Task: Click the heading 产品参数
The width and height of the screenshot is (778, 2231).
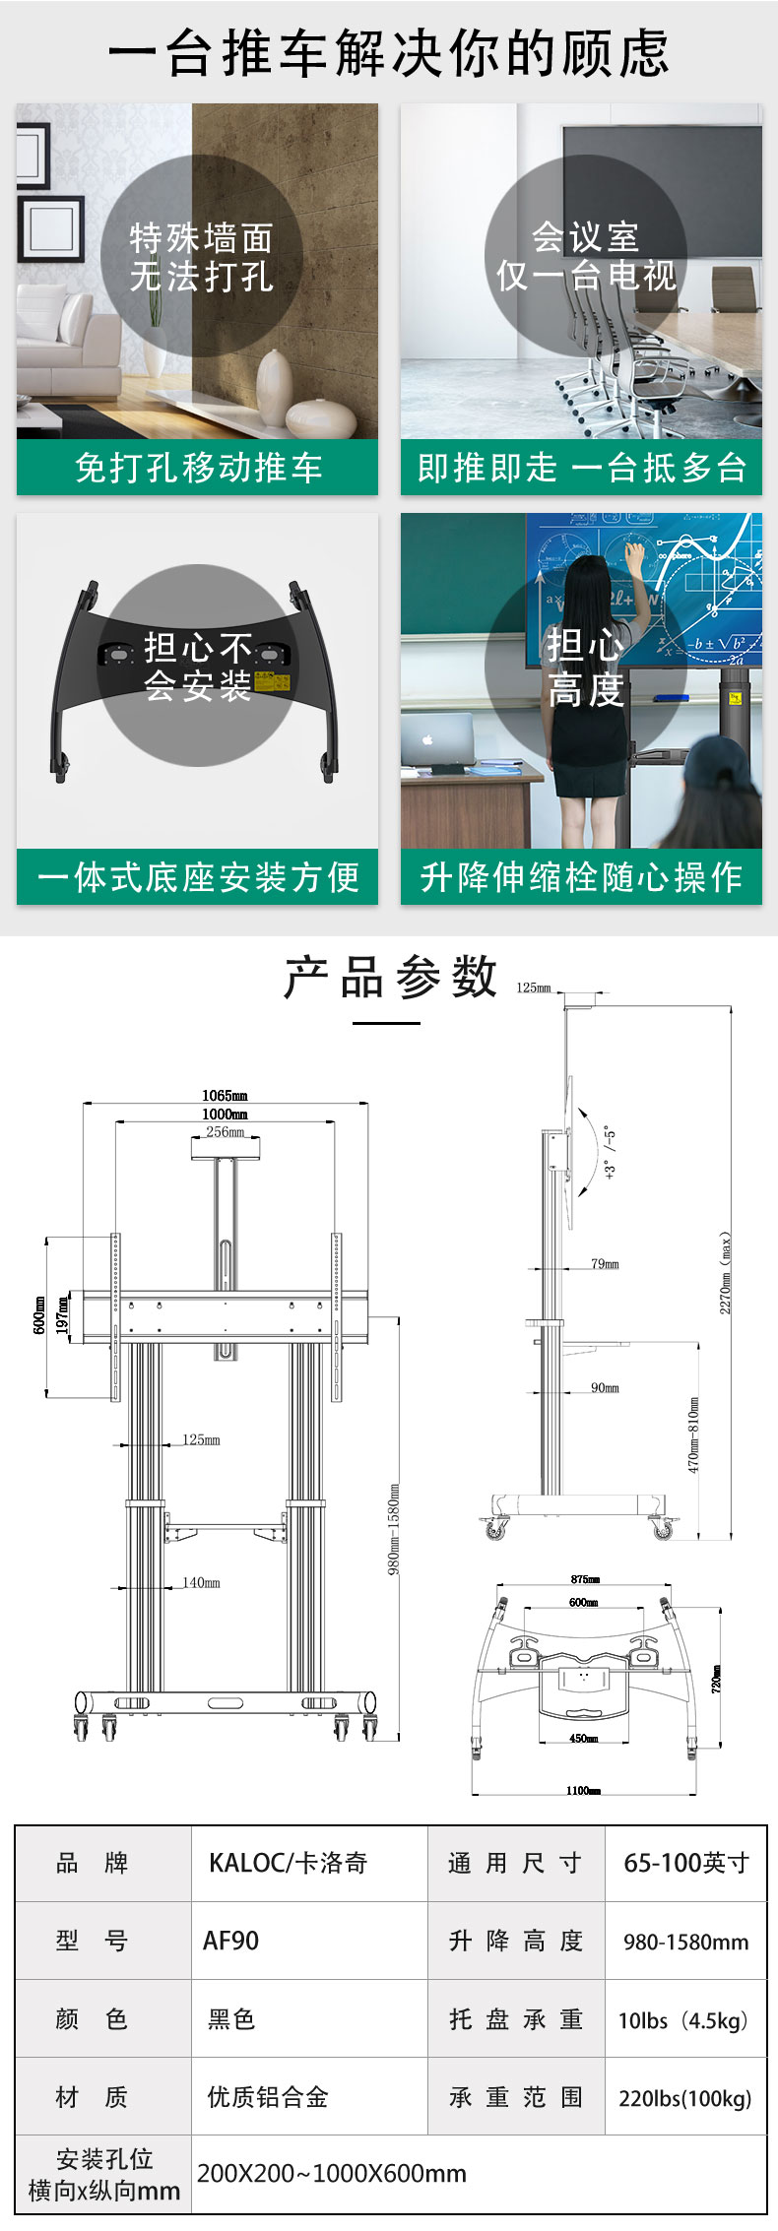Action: click(x=390, y=977)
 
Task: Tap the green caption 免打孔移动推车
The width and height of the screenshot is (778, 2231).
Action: click(x=198, y=468)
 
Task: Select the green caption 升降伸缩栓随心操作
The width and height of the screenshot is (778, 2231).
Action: click(x=581, y=877)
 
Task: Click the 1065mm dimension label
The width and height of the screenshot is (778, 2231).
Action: click(x=225, y=1095)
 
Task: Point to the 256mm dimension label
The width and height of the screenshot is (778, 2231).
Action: click(x=225, y=1132)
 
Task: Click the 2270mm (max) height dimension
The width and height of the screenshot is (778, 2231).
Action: click(x=726, y=1272)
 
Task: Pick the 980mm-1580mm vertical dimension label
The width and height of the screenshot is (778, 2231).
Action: click(x=394, y=1529)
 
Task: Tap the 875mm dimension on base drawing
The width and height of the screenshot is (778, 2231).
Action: click(x=584, y=1579)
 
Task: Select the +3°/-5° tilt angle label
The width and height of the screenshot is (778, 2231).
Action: click(x=610, y=1152)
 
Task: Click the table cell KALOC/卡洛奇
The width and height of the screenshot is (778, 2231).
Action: click(x=288, y=1863)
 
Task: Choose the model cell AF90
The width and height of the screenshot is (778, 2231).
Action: click(x=230, y=1941)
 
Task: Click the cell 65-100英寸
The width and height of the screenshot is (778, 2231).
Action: click(x=685, y=1863)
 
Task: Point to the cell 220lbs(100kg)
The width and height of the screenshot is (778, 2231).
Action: click(x=684, y=2098)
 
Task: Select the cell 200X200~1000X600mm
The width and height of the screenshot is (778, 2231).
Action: click(x=331, y=2173)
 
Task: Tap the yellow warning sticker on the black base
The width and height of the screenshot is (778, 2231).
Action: click(x=267, y=681)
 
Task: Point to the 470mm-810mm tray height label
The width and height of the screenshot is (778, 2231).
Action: click(x=694, y=1434)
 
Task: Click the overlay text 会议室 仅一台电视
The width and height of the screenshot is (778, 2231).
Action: click(x=586, y=256)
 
